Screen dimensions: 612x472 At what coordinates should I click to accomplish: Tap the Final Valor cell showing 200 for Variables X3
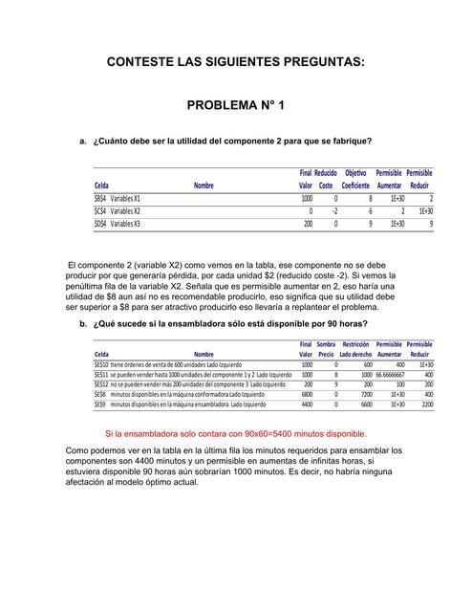tap(308, 224)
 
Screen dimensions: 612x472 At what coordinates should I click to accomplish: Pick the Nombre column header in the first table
tap(204, 186)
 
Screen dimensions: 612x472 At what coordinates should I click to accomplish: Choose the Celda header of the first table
tap(100, 186)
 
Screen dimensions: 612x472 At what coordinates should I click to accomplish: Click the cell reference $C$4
tap(99, 211)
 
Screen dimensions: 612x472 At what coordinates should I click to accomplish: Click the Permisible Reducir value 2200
tap(426, 404)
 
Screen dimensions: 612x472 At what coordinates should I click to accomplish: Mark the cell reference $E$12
tap(100, 384)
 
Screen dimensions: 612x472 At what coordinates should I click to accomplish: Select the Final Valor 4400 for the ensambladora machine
tap(307, 404)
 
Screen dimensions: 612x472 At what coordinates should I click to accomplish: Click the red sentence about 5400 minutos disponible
tap(235, 433)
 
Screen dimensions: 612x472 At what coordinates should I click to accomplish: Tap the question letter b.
tap(83, 324)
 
